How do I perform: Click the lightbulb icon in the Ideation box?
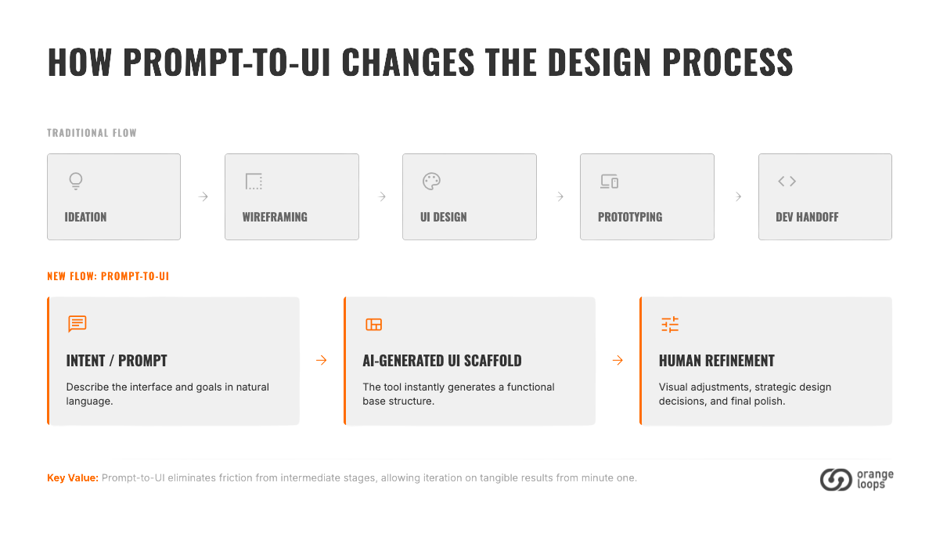pos(76,182)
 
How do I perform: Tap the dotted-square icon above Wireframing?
pos(254,182)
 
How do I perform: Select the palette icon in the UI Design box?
pos(431,182)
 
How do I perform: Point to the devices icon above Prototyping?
pos(609,182)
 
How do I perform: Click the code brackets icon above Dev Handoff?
pos(787,182)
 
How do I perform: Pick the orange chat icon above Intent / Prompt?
pos(77,324)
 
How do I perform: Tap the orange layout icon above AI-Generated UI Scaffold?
pos(374,325)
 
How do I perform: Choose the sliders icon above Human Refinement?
pos(670,325)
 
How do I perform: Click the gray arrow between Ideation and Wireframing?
pos(203,196)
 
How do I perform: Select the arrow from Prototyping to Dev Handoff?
pos(738,196)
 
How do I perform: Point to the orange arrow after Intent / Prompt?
pos(322,360)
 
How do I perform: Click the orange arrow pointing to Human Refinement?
pos(618,360)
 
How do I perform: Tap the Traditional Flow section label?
pos(92,133)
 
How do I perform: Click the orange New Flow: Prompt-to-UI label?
pos(108,276)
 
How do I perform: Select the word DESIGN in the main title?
pos(599,62)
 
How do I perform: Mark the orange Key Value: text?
pos(73,478)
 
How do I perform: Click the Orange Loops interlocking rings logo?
pos(836,480)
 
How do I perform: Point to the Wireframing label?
pos(275,218)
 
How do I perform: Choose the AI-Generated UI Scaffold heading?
pos(442,361)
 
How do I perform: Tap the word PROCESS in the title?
pos(728,62)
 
